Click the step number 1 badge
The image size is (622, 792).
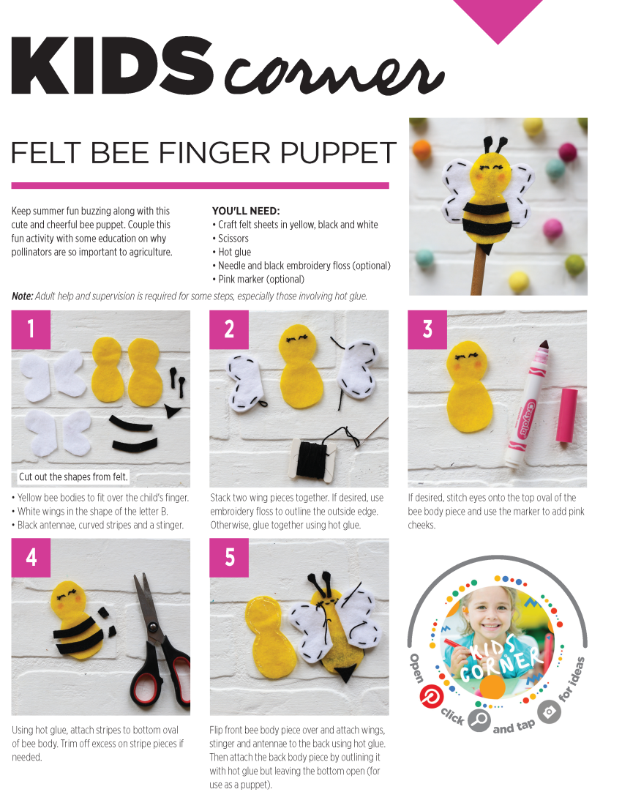tap(31, 329)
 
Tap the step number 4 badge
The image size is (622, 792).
tap(31, 558)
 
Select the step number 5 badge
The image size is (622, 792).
tap(229, 558)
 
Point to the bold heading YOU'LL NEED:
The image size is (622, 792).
tap(246, 211)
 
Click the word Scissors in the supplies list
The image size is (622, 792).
tap(233, 239)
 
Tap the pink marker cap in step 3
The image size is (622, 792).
tap(565, 415)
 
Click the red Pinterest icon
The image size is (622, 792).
tap(430, 696)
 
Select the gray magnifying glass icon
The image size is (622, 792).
tap(479, 719)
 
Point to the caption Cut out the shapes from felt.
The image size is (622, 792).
tap(73, 477)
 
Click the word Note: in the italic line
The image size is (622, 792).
tap(22, 296)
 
